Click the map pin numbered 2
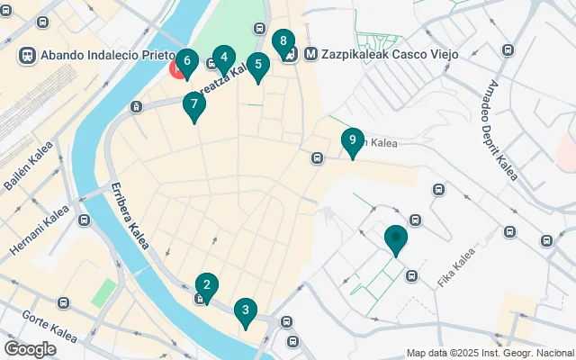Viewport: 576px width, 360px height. pyautogui.click(x=207, y=286)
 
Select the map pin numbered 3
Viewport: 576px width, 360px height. pyautogui.click(x=244, y=311)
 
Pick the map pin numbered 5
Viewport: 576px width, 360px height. pyautogui.click(x=258, y=66)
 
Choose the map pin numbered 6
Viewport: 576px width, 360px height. pyautogui.click(x=186, y=62)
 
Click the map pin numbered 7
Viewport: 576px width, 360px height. pyautogui.click(x=193, y=104)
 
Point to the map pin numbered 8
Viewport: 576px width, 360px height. pyautogui.click(x=283, y=41)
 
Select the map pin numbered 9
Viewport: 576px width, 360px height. pyautogui.click(x=352, y=140)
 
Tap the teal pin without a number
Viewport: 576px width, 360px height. pyautogui.click(x=395, y=238)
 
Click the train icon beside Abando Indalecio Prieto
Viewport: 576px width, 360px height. pyautogui.click(x=27, y=55)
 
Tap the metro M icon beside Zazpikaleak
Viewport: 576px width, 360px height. pyautogui.click(x=310, y=54)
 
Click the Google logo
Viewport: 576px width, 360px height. pyautogui.click(x=30, y=348)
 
